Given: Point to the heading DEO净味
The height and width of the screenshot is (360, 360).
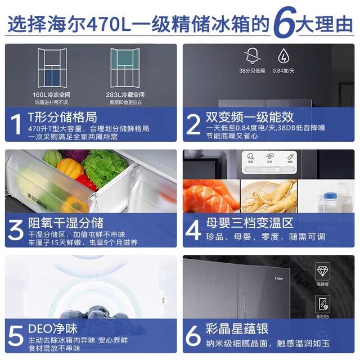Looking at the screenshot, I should click(x=52, y=328).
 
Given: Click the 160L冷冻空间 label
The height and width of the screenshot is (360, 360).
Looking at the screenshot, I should click(x=51, y=95).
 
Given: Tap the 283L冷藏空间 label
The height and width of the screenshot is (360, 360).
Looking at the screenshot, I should click(x=125, y=95).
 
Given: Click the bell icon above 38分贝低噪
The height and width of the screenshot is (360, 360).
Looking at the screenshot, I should click(x=251, y=56).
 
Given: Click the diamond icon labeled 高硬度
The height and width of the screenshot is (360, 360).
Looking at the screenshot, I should click(x=322, y=272).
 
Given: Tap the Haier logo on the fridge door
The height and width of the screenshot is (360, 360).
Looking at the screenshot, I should click(x=279, y=277).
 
